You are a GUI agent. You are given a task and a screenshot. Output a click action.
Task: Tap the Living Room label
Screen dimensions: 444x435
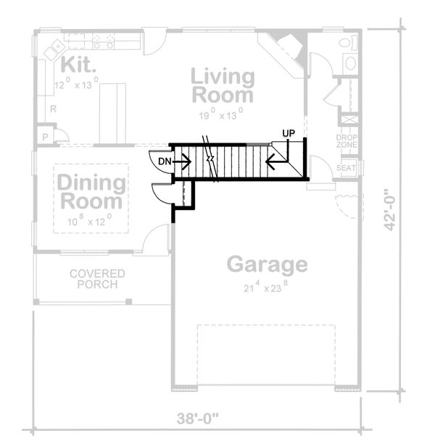(223, 85)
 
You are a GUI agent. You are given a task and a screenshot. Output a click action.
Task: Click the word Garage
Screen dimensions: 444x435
(266, 264)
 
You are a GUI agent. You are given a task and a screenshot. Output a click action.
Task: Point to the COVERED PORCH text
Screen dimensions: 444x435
(97, 279)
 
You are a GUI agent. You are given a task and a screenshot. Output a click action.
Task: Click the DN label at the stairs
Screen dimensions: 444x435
(165, 161)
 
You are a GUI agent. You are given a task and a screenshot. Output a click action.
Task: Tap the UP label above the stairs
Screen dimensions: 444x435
(289, 134)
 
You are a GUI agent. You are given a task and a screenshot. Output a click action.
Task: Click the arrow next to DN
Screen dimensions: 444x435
(183, 162)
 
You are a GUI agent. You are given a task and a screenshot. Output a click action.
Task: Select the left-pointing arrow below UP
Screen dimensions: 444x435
(275, 162)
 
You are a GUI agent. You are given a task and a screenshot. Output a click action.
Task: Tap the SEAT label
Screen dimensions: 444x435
(347, 168)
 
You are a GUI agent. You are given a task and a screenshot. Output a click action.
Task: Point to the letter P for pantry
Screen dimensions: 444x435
(46, 136)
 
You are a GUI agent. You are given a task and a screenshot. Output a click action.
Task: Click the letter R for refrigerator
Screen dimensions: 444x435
(53, 109)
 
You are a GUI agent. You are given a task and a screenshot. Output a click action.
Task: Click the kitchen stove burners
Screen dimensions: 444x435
(102, 41)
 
